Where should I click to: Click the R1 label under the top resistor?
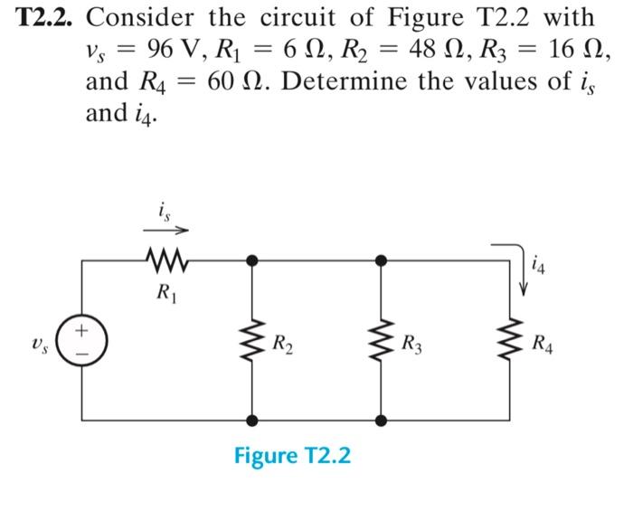point(165,294)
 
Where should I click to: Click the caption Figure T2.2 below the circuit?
point(292,455)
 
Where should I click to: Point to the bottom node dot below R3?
point(382,421)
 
